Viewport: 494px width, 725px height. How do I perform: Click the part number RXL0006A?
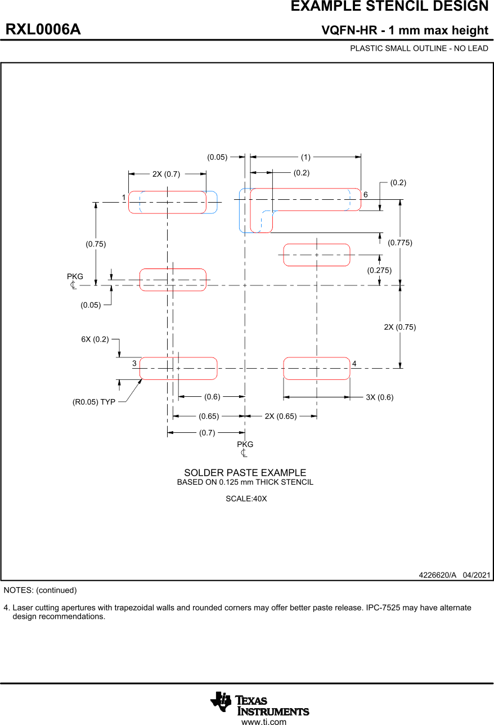click(43, 30)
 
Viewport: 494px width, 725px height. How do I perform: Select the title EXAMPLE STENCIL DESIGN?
click(389, 7)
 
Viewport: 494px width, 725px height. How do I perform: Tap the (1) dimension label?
click(306, 157)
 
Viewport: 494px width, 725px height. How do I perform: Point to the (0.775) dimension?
click(400, 243)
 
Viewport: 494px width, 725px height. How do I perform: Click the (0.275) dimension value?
click(379, 270)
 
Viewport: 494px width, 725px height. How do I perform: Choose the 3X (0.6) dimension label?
click(379, 397)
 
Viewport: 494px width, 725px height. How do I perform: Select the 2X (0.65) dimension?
click(280, 417)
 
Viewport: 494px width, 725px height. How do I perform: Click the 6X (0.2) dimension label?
click(95, 339)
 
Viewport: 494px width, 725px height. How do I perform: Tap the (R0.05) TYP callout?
click(93, 402)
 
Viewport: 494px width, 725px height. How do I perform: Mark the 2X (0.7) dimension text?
click(166, 174)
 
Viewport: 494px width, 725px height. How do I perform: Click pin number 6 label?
click(365, 195)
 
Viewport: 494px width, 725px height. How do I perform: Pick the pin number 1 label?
click(123, 198)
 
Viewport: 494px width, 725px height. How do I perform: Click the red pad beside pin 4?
click(316, 369)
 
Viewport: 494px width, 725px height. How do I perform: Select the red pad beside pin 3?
click(178, 369)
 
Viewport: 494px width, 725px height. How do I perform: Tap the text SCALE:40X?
click(246, 499)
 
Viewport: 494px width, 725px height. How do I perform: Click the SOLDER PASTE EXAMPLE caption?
click(245, 473)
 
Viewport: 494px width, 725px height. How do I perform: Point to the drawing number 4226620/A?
click(437, 575)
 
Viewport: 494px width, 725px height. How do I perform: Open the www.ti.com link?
click(263, 722)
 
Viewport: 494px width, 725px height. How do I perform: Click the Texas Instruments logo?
click(260, 704)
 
